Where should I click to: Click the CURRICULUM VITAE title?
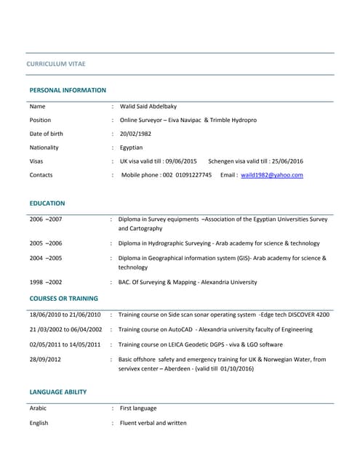click(56, 64)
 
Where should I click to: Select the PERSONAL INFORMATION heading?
click(68, 90)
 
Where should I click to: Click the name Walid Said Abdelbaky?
click(153, 106)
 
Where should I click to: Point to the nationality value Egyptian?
click(132, 147)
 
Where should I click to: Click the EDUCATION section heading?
click(47, 203)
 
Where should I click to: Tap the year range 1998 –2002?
click(46, 282)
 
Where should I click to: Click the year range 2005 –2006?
click(46, 243)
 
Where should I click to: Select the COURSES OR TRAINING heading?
click(63, 299)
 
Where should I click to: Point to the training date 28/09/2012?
click(45, 359)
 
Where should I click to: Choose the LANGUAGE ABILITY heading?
click(58, 392)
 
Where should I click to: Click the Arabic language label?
click(38, 408)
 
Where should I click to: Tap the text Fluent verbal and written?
click(153, 423)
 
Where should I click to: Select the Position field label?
click(40, 120)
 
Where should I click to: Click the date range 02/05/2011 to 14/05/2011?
click(65, 344)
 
